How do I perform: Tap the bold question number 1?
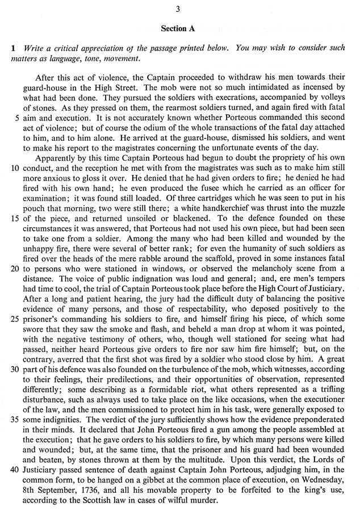click(12, 49)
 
